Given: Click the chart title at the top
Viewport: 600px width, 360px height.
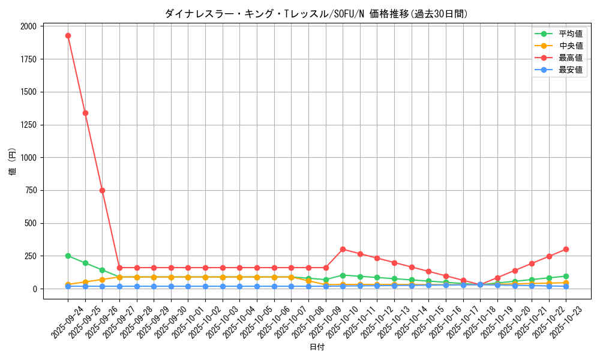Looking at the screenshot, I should click(x=316, y=14).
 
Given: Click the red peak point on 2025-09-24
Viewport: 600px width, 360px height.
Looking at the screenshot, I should click(x=68, y=35).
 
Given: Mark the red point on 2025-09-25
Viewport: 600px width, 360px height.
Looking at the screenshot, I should click(x=85, y=113).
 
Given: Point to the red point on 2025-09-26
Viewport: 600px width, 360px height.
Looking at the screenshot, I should click(x=102, y=190).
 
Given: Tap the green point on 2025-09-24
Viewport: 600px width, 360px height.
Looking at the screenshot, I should click(x=68, y=256).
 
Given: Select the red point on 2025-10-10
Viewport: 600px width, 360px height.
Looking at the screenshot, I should click(x=343, y=249).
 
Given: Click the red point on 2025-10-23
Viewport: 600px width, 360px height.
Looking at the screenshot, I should click(x=566, y=249).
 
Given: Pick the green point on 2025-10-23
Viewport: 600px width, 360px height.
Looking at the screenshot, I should click(x=566, y=276).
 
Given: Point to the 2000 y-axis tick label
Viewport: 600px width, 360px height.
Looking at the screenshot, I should click(x=27, y=26).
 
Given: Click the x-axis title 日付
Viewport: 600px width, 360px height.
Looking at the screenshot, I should click(x=317, y=347).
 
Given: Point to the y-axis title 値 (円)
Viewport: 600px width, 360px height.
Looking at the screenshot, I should click(x=12, y=162).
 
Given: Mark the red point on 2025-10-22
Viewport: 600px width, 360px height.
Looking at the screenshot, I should click(x=548, y=256).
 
